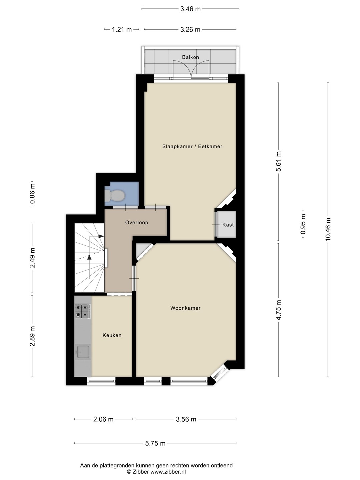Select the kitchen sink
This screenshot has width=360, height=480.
pyautogui.click(x=82, y=352)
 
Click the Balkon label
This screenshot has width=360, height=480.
pyautogui.click(x=190, y=57)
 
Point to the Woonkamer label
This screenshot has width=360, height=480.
pyautogui.click(x=185, y=308)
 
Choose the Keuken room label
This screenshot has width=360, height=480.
pyautogui.click(x=112, y=335)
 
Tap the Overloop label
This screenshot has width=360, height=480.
pyautogui.click(x=137, y=223)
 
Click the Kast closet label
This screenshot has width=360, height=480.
pyautogui.click(x=228, y=225)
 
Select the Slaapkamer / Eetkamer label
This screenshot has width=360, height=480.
pyautogui.click(x=192, y=146)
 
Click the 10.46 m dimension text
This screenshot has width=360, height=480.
pyautogui.click(x=328, y=229)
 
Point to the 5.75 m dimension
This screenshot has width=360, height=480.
pyautogui.click(x=155, y=443)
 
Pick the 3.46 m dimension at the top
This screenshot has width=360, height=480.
pyautogui.click(x=190, y=9)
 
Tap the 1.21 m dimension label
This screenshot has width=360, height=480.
pyautogui.click(x=122, y=30)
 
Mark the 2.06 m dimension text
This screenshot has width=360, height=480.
pyautogui.click(x=103, y=419)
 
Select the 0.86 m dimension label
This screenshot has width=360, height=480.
pyautogui.click(x=32, y=194)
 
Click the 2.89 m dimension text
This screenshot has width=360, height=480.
pyautogui.click(x=32, y=336)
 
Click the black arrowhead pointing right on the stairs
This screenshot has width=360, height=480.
pyautogui.click(x=101, y=236)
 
